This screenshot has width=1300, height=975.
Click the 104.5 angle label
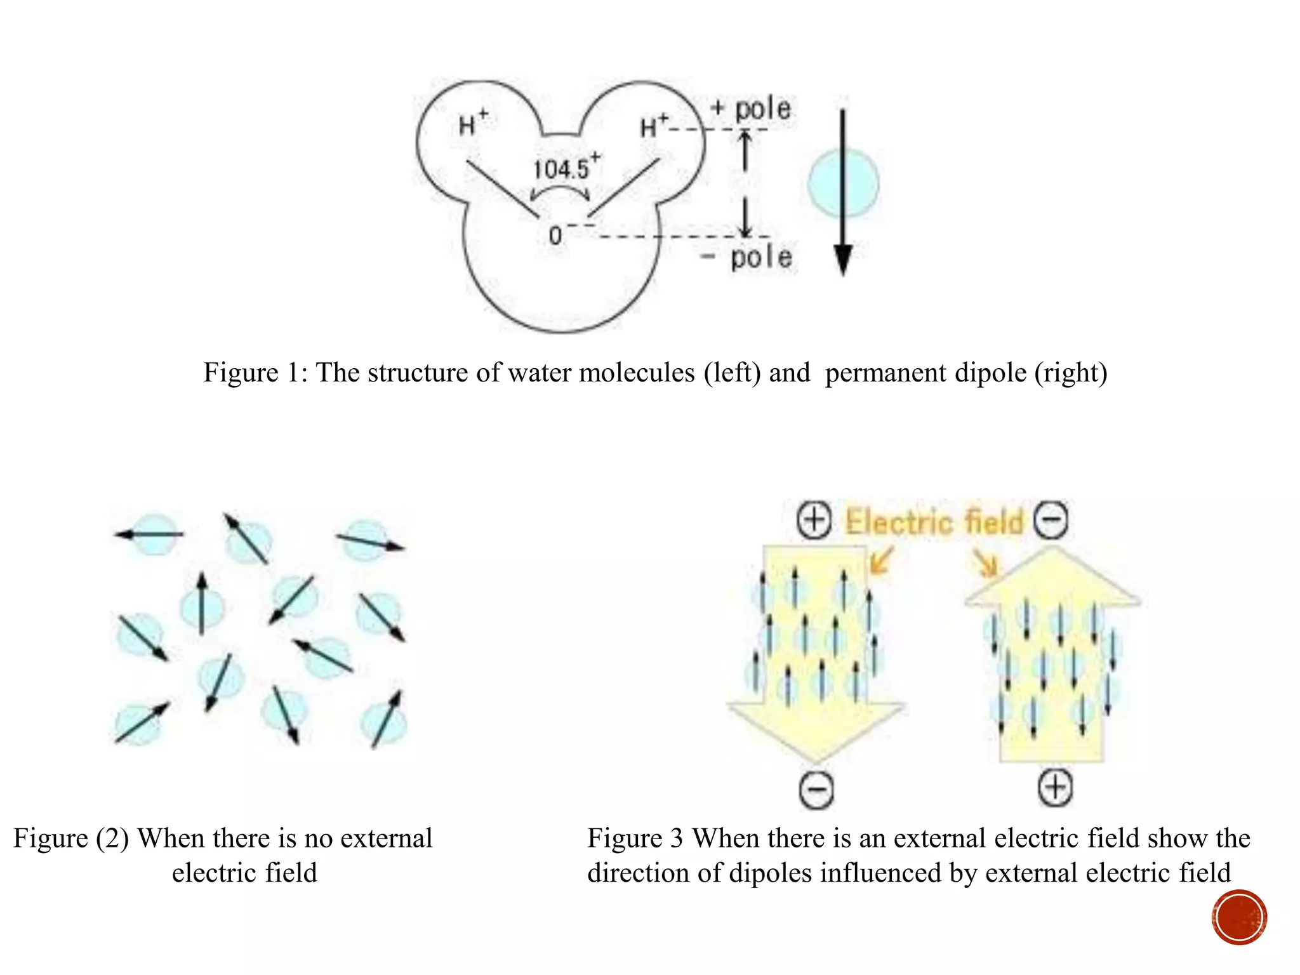pyautogui.click(x=562, y=169)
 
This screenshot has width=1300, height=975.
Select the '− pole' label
pyautogui.click(x=747, y=257)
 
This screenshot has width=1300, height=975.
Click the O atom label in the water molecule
pyautogui.click(x=555, y=236)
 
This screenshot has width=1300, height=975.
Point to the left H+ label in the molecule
pyautogui.click(x=472, y=123)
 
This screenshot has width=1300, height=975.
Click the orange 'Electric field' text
pyautogui.click(x=934, y=522)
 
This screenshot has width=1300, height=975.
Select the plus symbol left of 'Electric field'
pyautogui.click(x=814, y=521)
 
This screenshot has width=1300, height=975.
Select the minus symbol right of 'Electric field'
pyautogui.click(x=1051, y=521)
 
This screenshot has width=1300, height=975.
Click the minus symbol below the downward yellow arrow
pyautogui.click(x=816, y=790)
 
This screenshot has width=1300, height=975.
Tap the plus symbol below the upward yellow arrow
pyautogui.click(x=1055, y=788)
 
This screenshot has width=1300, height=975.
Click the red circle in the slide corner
pyautogui.click(x=1239, y=917)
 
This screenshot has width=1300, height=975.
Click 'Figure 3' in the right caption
pyautogui.click(x=634, y=839)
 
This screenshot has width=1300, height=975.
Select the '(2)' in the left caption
pyautogui.click(x=112, y=839)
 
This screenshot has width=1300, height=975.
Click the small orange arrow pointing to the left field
pyautogui.click(x=882, y=560)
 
